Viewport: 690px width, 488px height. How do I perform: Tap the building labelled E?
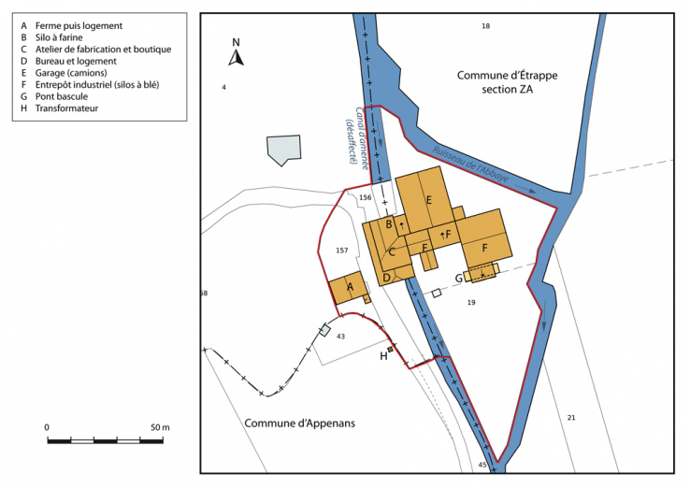pyautogui.click(x=428, y=200)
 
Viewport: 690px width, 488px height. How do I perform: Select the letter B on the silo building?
pyautogui.click(x=388, y=222)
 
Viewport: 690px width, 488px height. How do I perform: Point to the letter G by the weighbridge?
pyautogui.click(x=459, y=277)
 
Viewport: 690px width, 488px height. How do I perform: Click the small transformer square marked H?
pyautogui.click(x=391, y=349)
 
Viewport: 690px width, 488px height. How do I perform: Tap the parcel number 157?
pyautogui.click(x=341, y=251)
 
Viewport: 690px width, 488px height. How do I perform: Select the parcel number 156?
pyautogui.click(x=366, y=198)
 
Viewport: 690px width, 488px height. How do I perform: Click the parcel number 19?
pyautogui.click(x=471, y=302)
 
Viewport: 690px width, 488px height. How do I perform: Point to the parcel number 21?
pyautogui.click(x=571, y=417)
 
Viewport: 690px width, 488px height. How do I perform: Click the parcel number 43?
pyautogui.click(x=340, y=337)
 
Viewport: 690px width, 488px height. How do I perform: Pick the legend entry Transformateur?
pyautogui.click(x=66, y=108)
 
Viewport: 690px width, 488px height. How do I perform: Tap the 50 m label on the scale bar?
pyautogui.click(x=159, y=427)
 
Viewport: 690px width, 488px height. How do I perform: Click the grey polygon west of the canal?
pyautogui.click(x=284, y=150)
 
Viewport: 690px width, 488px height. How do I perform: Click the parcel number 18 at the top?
pyautogui.click(x=485, y=25)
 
